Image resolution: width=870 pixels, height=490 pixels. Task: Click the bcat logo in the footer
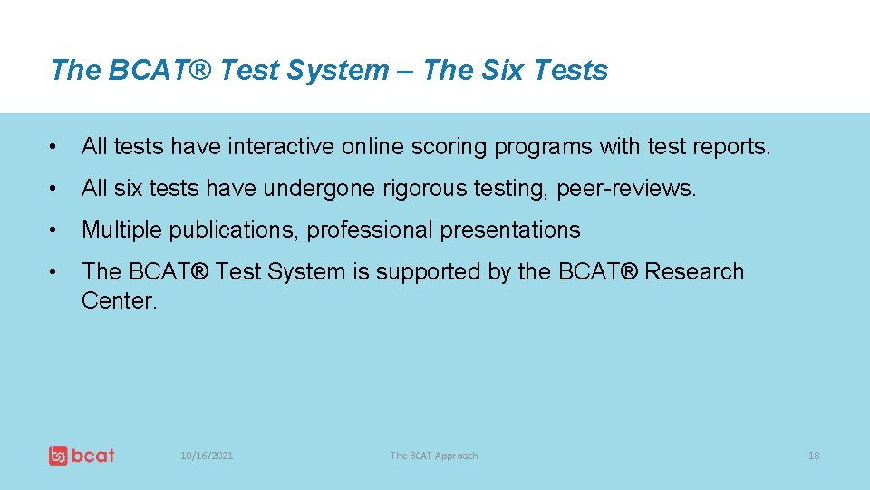pyautogui.click(x=82, y=455)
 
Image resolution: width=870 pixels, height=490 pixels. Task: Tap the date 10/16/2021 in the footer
pyautogui.click(x=207, y=456)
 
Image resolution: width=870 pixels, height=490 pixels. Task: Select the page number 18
pyautogui.click(x=813, y=456)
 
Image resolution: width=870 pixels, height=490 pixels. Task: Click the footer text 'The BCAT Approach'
pyautogui.click(x=433, y=456)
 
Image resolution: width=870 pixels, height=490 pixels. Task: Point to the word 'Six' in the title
pyautogui.click(x=498, y=70)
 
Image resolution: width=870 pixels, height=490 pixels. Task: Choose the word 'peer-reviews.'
pyautogui.click(x=626, y=189)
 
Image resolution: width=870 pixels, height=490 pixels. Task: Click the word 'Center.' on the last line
pyautogui.click(x=119, y=301)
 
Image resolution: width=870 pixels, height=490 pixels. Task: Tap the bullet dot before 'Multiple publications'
pyautogui.click(x=56, y=230)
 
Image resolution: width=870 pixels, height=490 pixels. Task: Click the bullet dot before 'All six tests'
pyautogui.click(x=56, y=189)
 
